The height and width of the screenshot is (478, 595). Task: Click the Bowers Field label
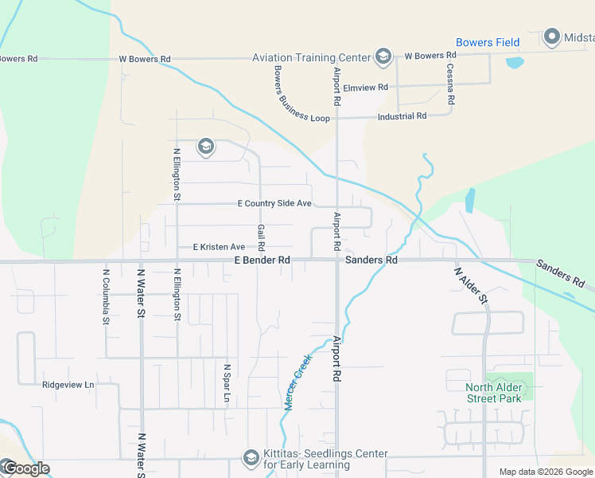(x=488, y=42)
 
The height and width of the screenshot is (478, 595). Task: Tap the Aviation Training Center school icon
(x=383, y=56)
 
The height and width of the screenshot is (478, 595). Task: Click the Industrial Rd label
(x=402, y=116)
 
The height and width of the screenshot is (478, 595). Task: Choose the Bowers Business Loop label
(x=290, y=96)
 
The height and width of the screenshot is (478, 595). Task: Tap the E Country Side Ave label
(x=274, y=204)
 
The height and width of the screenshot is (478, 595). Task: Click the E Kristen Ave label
(x=219, y=247)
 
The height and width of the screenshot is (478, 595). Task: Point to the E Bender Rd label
(x=262, y=261)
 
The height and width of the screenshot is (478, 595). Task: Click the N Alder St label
(x=469, y=286)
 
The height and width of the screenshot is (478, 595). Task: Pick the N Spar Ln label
(x=227, y=384)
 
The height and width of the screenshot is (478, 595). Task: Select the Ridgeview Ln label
(x=68, y=385)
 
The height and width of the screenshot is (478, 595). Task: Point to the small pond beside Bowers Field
(x=515, y=61)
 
